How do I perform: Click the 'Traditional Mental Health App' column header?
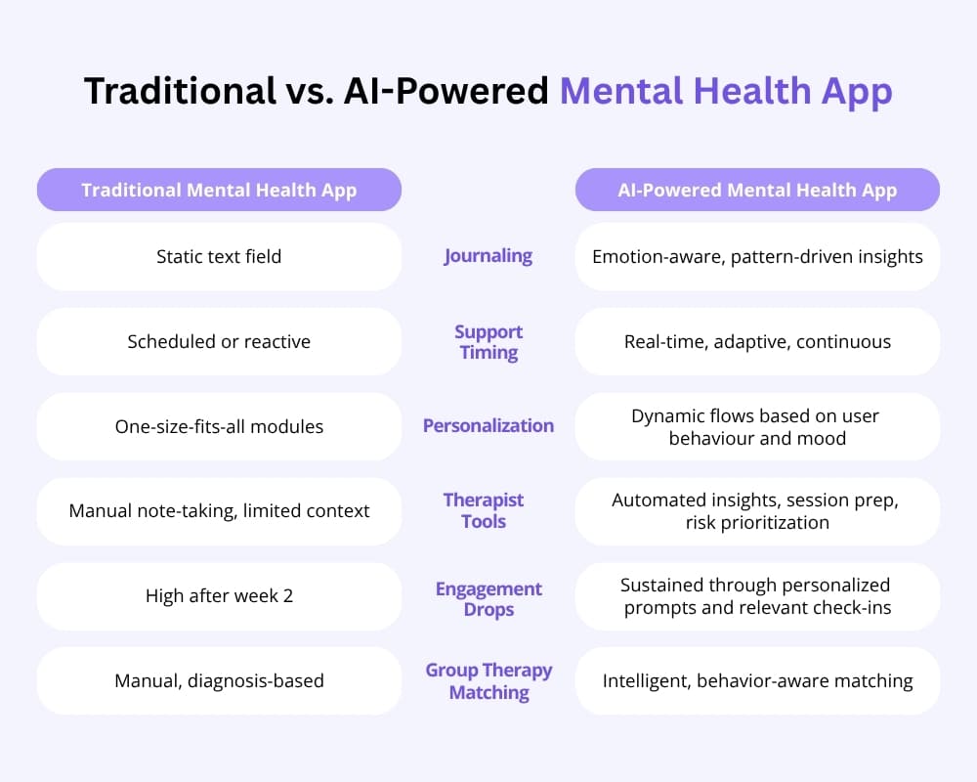click(219, 190)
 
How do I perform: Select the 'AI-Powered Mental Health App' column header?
click(757, 190)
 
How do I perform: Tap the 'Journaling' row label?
click(488, 256)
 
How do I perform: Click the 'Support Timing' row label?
click(488, 342)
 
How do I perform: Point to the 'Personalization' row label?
click(488, 425)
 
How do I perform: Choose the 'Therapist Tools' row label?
click(484, 510)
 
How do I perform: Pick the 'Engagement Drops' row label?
click(488, 598)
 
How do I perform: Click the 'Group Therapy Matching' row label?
click(488, 681)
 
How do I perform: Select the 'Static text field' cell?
click(219, 256)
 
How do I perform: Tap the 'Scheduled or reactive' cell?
click(219, 341)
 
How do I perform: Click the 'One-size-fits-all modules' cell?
click(219, 426)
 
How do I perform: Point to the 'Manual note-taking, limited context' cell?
click(219, 511)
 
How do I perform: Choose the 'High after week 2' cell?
click(219, 596)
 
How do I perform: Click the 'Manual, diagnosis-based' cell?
click(219, 681)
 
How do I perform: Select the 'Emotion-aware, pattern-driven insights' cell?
click(757, 256)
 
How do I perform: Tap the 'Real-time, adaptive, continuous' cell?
click(757, 341)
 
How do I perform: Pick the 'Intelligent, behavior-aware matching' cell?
click(757, 681)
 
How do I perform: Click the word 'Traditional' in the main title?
click(180, 91)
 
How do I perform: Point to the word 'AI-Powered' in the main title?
click(446, 91)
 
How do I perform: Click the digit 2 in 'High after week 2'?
click(288, 596)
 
